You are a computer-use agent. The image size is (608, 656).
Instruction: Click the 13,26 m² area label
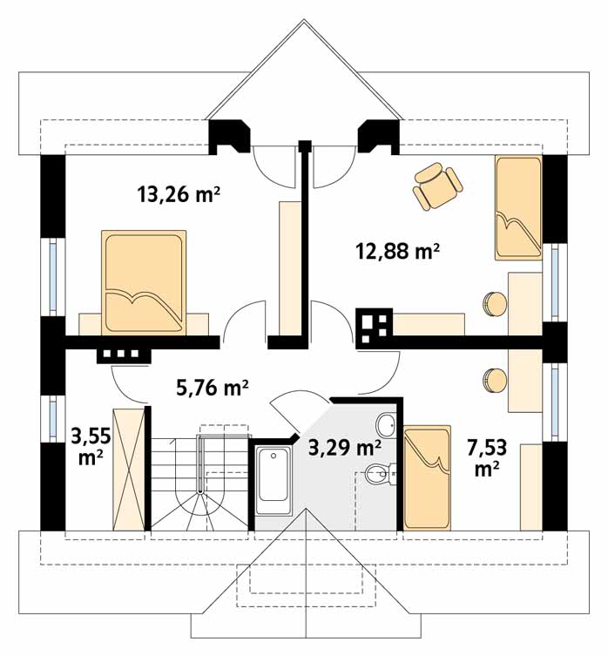179,194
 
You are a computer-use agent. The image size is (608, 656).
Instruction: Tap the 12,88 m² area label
397,252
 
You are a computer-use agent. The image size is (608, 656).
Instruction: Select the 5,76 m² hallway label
213,388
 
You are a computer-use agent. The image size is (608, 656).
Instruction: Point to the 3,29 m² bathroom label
344,448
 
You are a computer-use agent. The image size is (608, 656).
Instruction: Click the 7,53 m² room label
488,458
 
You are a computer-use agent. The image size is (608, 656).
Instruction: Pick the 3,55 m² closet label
91,447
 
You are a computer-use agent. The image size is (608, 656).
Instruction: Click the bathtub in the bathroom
274,480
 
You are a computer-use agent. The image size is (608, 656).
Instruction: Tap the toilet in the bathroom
381,474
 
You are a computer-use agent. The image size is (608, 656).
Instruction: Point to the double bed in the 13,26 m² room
144,283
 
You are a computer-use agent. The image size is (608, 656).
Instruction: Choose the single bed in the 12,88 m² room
519,208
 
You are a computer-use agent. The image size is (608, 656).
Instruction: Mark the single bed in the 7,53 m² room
427,477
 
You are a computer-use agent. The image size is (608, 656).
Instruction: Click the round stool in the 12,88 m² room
496,303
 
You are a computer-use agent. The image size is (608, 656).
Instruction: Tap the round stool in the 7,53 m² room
496,380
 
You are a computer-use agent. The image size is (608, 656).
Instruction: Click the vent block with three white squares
124,355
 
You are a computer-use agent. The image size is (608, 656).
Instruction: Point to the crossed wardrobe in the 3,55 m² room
128,470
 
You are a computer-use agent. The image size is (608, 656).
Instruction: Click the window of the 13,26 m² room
53,277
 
